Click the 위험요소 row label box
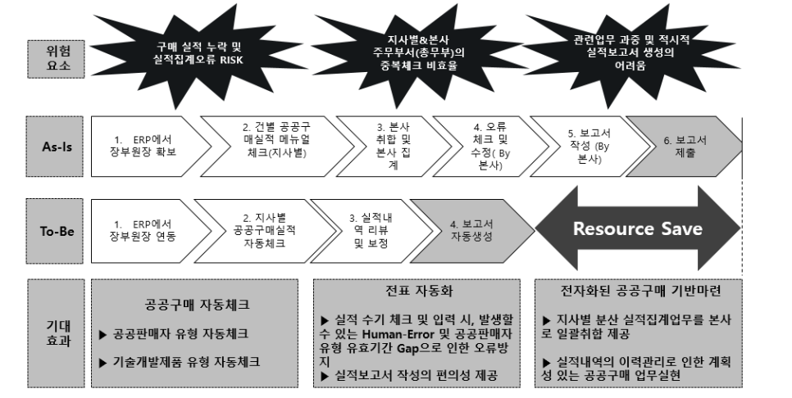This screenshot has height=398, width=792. tap(56, 59)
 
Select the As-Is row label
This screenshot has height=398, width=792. tap(56, 147)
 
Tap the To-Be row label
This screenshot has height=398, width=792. tap(56, 231)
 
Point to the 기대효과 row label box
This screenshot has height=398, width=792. tap(56, 333)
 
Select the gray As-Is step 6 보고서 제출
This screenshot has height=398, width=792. tap(685, 147)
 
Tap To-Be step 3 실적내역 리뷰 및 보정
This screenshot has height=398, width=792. tap(371, 230)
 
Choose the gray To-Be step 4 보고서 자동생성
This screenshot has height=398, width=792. tap(471, 230)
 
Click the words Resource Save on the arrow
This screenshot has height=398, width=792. tap(637, 228)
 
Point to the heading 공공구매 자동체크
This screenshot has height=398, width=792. tap(197, 305)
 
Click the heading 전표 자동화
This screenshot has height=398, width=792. tap(419, 291)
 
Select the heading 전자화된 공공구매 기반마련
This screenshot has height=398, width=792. tap(640, 291)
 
